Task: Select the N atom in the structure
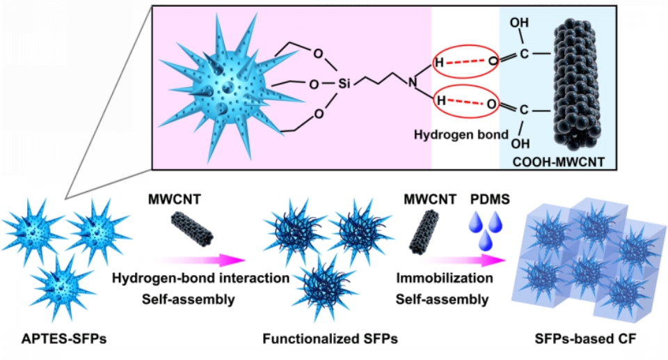click(413, 83)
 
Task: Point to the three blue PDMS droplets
click(491, 230)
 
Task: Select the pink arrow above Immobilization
click(462, 260)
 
